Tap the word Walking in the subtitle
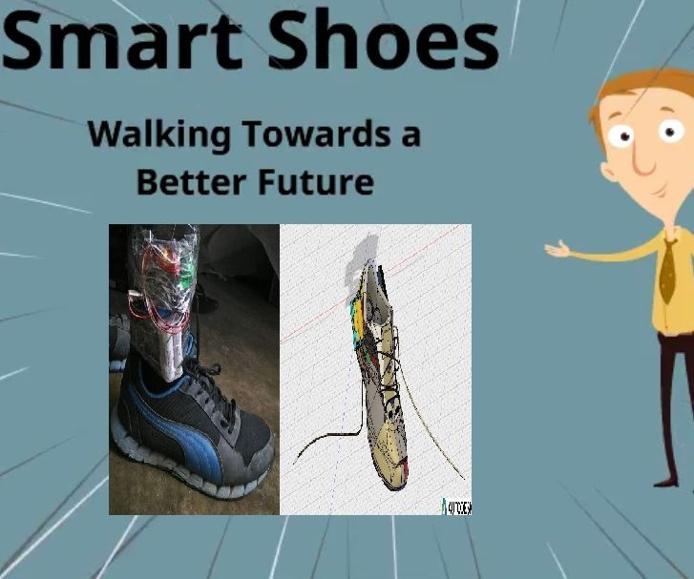coord(159,134)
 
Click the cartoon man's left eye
coord(625,136)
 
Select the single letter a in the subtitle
coord(409,134)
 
